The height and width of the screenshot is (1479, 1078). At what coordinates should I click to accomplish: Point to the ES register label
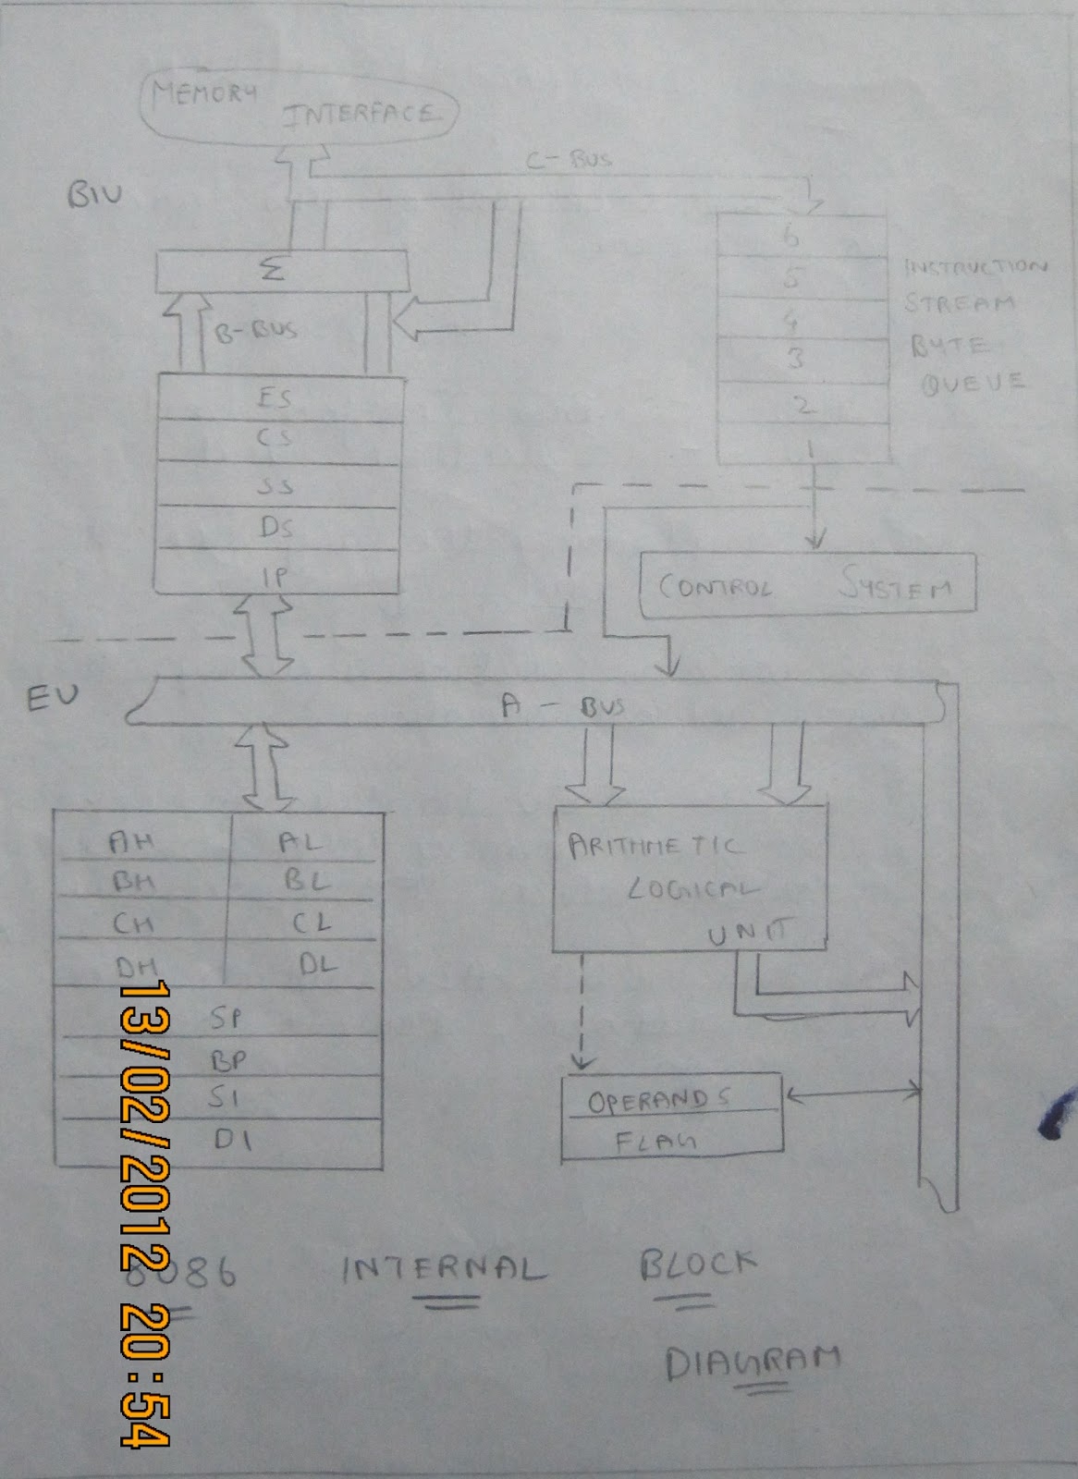coord(275,398)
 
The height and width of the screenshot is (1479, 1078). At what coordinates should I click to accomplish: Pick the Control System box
coord(806,585)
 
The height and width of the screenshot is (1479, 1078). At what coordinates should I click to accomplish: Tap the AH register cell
coord(132,841)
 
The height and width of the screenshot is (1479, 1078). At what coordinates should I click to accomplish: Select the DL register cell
coord(317,965)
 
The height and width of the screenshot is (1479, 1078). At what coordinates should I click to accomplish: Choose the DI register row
coord(232,1140)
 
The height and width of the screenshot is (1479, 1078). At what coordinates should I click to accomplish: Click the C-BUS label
coord(569,159)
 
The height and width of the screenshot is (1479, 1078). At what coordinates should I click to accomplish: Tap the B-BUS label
coord(256,331)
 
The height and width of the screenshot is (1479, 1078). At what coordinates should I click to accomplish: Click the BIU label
coord(94,195)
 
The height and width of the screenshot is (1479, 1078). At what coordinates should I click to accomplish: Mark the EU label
coord(53,698)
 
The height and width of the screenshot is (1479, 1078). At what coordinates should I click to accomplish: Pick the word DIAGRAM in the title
coord(753,1362)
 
